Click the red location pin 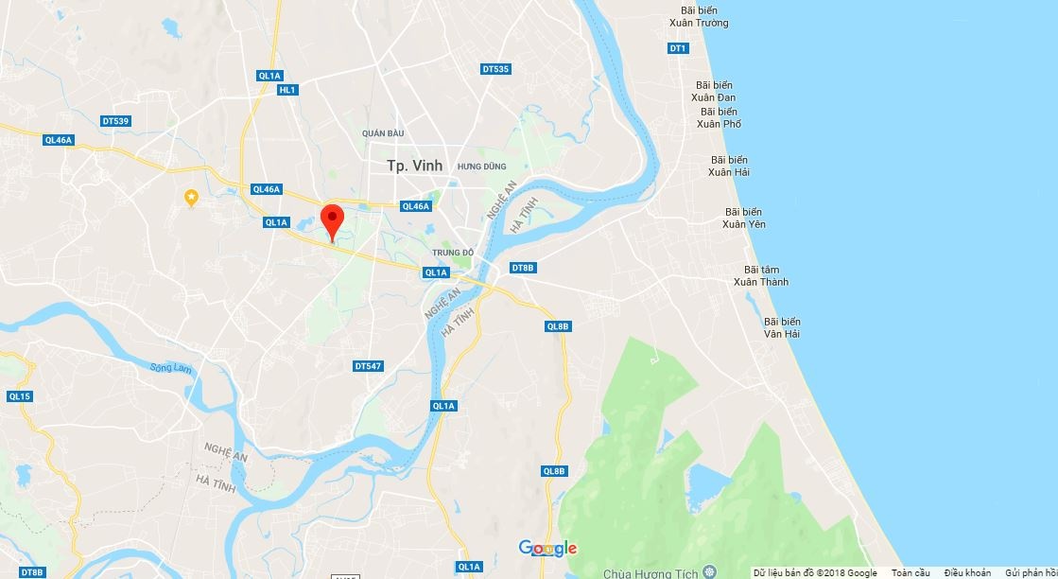click(331, 221)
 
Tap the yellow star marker click(191, 197)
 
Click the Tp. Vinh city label click(414, 166)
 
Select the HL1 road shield click(287, 90)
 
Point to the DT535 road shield click(495, 69)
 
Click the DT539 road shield click(115, 121)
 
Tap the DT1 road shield click(677, 48)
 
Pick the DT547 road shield click(368, 366)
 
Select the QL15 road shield click(19, 396)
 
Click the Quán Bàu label click(382, 133)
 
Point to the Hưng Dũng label click(477, 167)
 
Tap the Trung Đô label click(452, 253)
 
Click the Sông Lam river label click(170, 367)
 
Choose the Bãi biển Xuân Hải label click(729, 167)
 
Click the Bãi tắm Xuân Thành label click(760, 276)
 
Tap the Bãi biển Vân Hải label click(782, 327)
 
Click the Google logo click(547, 549)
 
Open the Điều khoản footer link click(967, 573)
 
